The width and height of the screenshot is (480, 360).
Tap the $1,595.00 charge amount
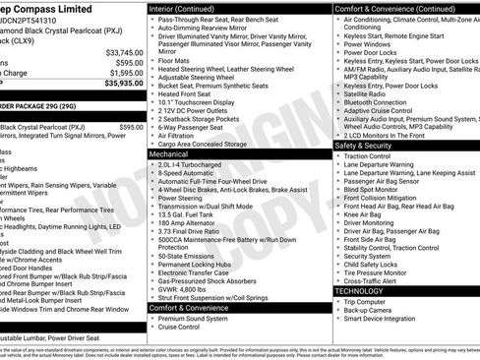[x=126, y=72]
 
